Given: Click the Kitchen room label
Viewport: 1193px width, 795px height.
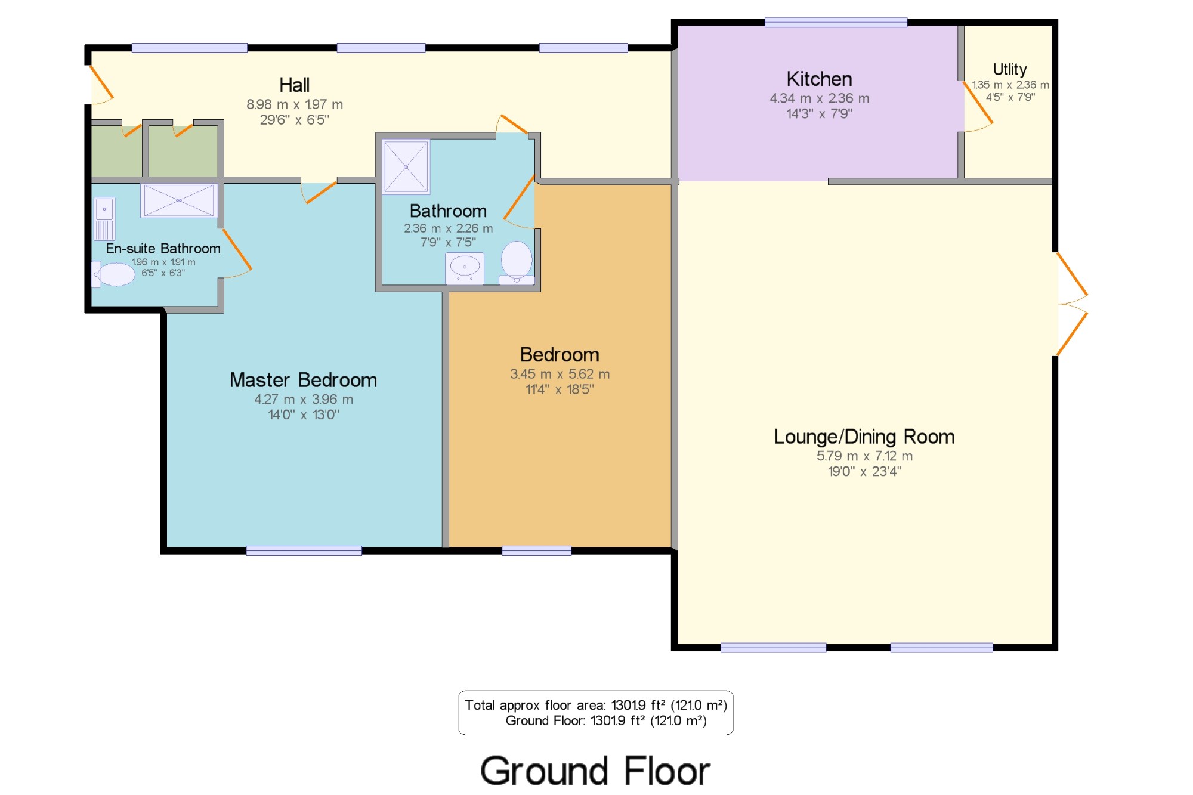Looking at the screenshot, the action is tap(819, 79).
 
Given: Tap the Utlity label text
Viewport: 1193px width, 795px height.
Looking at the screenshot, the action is tap(1009, 70).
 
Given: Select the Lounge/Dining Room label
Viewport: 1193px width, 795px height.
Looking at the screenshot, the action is tap(864, 437).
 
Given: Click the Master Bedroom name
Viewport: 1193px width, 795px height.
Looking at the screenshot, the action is tap(303, 380).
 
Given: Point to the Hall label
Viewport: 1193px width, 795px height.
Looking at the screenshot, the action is tap(295, 85).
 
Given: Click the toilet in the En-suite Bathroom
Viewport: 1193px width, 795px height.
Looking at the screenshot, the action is tap(113, 274).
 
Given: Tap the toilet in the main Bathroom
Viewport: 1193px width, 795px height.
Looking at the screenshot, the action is tap(517, 262).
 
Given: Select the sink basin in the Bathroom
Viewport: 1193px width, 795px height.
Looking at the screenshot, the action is tap(465, 268).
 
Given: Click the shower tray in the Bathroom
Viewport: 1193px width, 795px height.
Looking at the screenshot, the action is tap(406, 167).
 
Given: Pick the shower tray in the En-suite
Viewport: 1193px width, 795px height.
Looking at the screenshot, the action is tap(179, 200).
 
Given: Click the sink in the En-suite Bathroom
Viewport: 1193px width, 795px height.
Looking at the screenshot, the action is tap(104, 218).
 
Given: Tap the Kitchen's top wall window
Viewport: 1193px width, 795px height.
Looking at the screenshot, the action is tap(836, 23).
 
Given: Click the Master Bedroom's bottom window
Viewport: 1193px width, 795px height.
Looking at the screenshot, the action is tap(304, 550).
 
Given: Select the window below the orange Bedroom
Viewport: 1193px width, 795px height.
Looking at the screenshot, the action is tap(536, 550).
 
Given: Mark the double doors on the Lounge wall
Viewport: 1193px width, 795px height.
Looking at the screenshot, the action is tap(1073, 304).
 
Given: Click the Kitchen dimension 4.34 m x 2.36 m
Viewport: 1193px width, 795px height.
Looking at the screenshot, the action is tap(819, 98).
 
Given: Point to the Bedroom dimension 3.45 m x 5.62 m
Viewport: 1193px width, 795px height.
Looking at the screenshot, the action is tap(560, 374).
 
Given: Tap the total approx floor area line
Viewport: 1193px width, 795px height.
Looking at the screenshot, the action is tap(596, 705).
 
